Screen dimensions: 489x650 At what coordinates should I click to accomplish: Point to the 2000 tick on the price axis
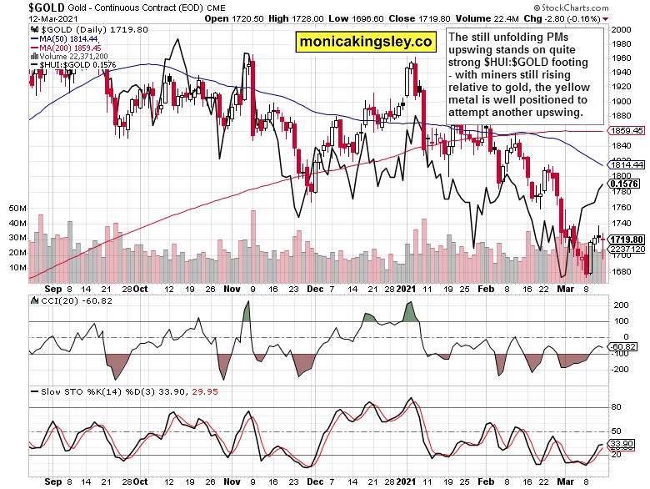tap(620, 29)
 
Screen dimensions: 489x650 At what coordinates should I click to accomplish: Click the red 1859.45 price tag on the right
tap(627, 131)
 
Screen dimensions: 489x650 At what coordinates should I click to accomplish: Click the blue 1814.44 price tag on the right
tap(627, 164)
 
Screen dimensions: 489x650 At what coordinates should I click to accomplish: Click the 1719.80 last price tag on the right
tap(626, 239)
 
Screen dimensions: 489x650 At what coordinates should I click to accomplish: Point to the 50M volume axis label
tap(17, 208)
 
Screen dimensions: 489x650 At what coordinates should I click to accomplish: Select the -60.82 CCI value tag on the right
tap(624, 346)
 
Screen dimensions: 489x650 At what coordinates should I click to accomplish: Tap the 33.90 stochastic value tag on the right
tap(623, 443)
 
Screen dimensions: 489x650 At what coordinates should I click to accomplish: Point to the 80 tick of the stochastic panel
tap(617, 407)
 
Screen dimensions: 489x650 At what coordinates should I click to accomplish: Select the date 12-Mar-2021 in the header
tap(27, 18)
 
